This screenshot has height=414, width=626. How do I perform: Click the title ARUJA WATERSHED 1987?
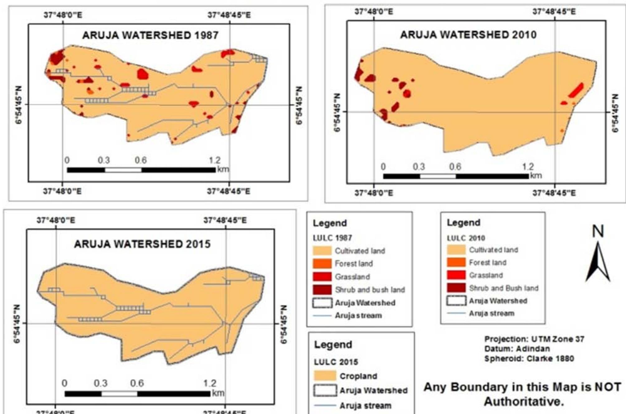pos(150,35)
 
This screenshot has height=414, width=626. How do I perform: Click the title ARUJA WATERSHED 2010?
pos(468,35)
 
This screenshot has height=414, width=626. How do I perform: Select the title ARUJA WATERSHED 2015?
pos(142,244)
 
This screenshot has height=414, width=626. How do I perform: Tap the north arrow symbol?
pos(598,262)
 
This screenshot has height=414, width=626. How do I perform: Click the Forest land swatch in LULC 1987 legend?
pos(322,264)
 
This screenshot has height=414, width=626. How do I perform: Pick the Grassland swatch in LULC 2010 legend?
pos(456,275)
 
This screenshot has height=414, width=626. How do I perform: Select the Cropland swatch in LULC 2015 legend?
pos(325,376)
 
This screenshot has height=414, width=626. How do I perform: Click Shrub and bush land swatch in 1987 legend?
pos(322,290)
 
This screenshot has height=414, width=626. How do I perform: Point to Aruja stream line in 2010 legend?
pos(456,313)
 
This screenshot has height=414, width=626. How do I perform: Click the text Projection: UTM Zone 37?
pos(534,339)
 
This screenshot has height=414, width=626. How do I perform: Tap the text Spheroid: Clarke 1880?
pos(529,359)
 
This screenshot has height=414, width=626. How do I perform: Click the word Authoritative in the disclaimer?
pos(524,402)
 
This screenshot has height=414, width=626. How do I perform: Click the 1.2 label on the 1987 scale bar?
pos(215,160)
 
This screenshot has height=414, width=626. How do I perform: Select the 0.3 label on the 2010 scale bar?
pos(419,167)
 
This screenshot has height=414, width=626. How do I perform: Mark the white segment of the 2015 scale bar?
pos(119,394)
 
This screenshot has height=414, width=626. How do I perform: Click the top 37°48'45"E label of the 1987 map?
pos(229,15)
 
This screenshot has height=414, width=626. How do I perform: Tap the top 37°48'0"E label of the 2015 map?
pos(56,221)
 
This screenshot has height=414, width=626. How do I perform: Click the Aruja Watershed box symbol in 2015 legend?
pos(325,390)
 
